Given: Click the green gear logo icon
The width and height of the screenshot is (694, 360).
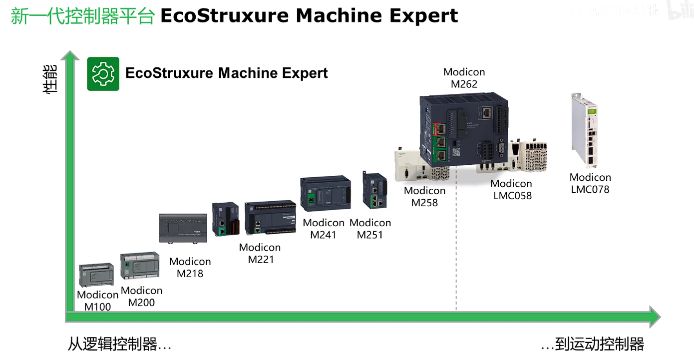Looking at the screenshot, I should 103,74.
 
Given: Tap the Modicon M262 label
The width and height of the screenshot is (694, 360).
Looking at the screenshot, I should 464,78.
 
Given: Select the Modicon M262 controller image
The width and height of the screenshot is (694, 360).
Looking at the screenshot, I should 463,130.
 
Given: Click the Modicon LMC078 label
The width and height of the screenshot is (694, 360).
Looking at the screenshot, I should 590,183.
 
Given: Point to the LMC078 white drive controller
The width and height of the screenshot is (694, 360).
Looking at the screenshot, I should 584,131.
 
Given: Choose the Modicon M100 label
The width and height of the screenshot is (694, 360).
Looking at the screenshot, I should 97,301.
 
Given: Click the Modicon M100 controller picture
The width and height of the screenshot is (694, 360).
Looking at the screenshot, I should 97,275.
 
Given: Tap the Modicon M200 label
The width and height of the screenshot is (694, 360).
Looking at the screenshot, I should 141,297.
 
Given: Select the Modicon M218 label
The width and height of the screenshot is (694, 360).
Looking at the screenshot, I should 190,267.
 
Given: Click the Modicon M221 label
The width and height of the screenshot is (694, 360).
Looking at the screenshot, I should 260,253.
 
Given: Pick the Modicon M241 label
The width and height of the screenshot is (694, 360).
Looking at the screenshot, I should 324,229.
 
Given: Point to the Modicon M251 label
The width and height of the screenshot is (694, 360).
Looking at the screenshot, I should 370,229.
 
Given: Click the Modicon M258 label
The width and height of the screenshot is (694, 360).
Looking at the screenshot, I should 424,197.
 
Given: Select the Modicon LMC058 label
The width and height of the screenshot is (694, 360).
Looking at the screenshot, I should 512,190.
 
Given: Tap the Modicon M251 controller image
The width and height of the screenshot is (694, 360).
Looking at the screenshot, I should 374,190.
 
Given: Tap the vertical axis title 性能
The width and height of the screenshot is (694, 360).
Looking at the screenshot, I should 50,80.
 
